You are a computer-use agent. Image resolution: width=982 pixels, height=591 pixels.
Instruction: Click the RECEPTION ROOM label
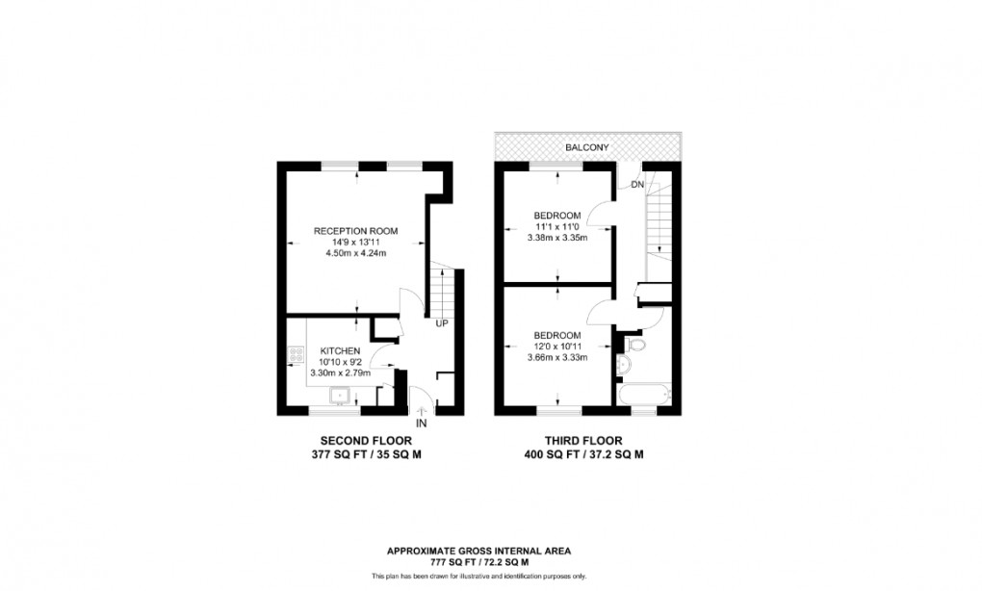click(356, 231)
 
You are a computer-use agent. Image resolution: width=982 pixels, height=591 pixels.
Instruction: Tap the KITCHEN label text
click(341, 350)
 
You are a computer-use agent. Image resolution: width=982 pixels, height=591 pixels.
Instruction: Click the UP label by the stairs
click(441, 323)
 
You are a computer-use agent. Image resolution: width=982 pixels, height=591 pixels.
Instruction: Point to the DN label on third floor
click(637, 185)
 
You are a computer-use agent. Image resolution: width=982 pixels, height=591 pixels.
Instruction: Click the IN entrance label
click(421, 423)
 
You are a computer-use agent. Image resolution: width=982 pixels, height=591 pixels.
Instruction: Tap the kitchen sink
click(340, 394)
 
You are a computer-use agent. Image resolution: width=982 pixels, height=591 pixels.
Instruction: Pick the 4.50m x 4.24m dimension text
click(356, 254)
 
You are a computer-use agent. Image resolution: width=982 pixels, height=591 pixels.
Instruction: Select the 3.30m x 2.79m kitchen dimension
click(341, 373)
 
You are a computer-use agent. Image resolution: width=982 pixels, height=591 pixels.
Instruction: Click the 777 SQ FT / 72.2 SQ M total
click(478, 563)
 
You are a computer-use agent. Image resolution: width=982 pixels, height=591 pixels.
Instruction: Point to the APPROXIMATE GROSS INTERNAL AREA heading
click(478, 552)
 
